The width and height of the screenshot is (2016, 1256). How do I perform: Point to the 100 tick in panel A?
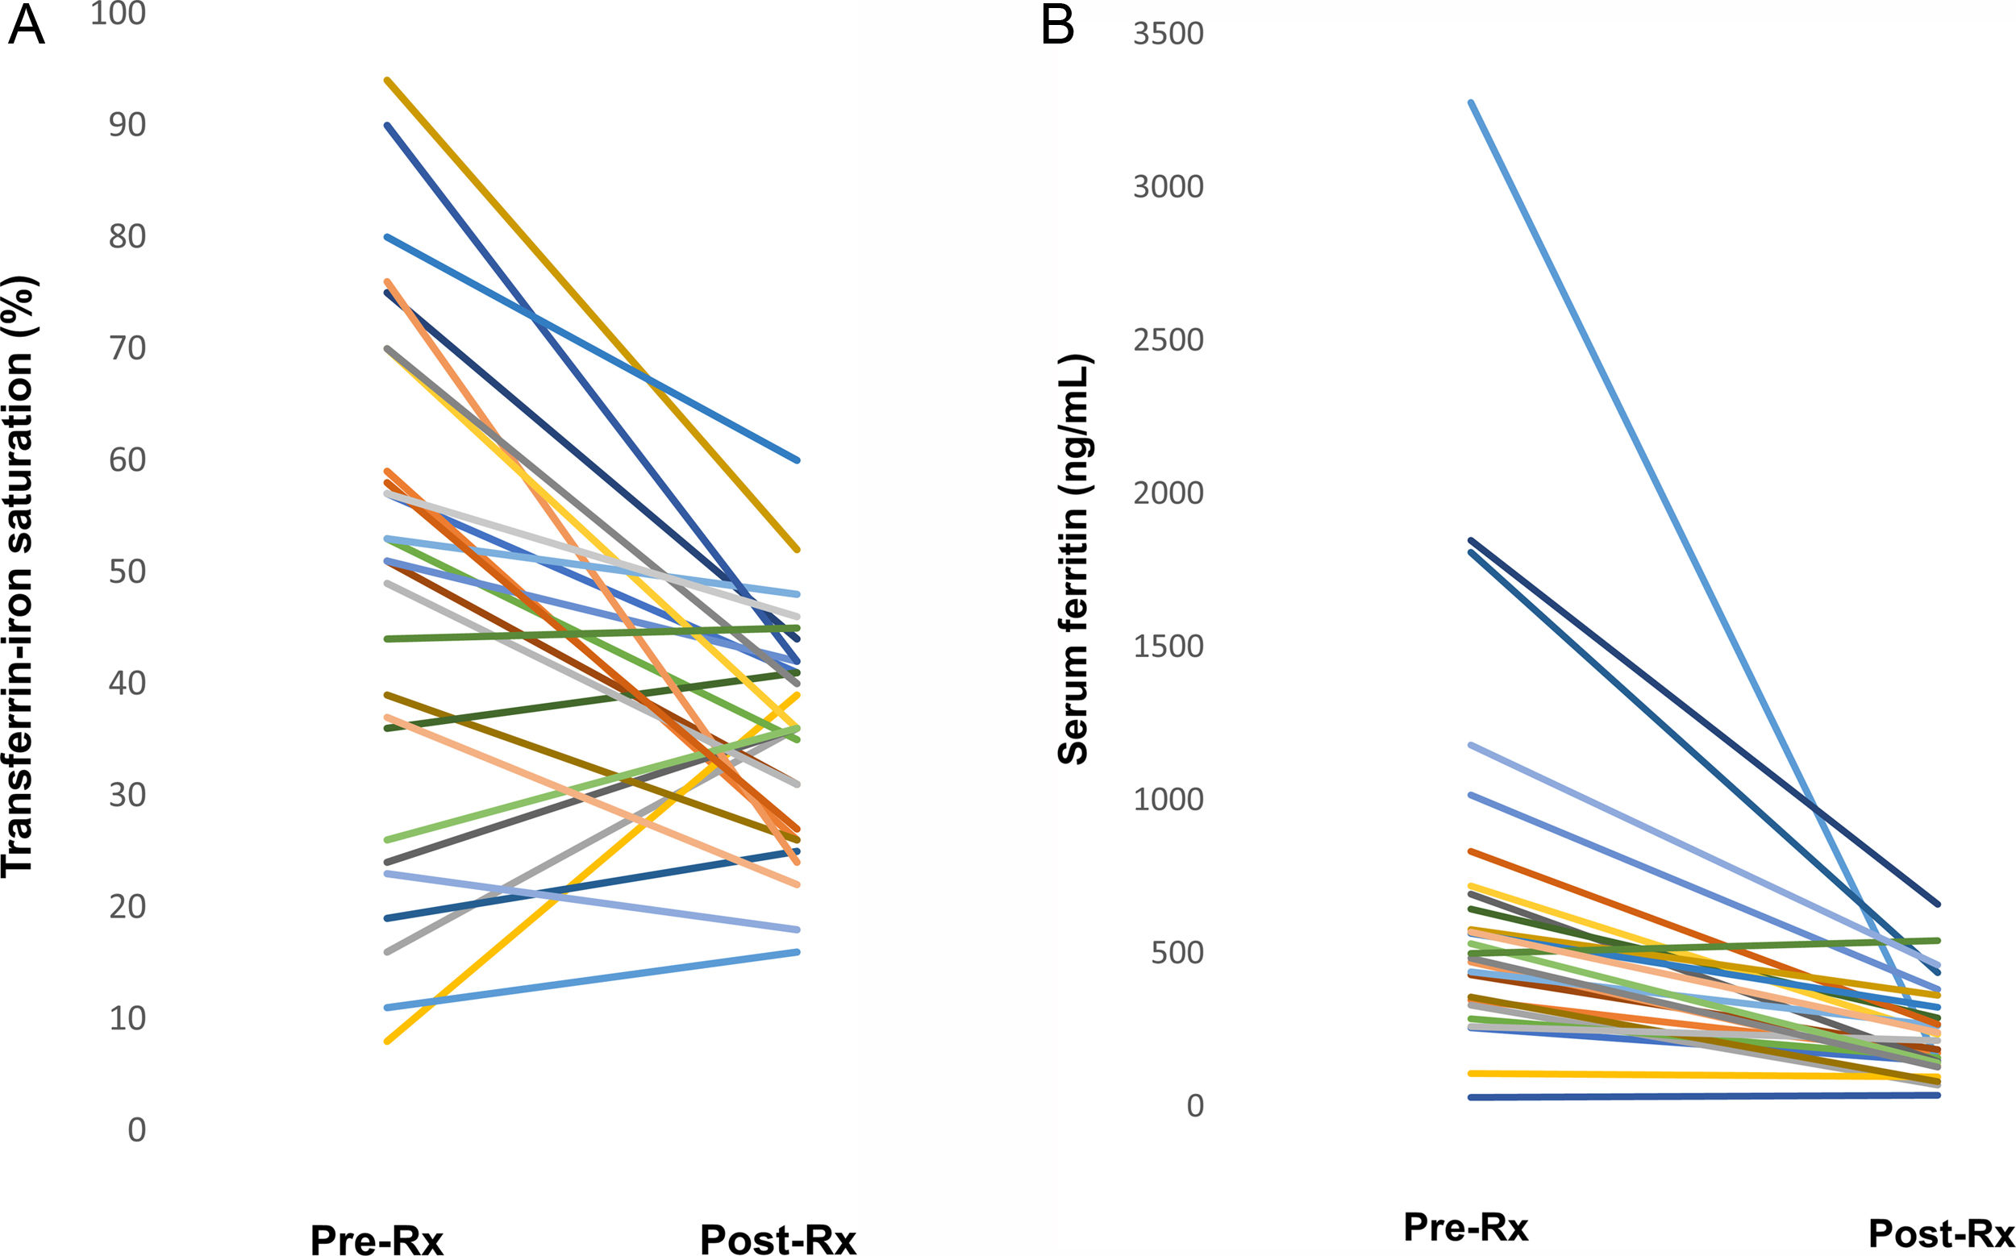point(118,13)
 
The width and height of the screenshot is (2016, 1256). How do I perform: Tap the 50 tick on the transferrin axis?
point(127,572)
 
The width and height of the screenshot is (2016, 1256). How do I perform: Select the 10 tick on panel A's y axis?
point(127,1018)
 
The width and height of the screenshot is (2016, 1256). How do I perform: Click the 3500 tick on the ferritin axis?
point(1168,34)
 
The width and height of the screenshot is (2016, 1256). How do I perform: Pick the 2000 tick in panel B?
point(1168,493)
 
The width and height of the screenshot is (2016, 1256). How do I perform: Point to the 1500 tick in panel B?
point(1168,647)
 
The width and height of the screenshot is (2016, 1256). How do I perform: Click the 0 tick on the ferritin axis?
point(1194,1105)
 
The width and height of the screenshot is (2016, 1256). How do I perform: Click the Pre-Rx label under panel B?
point(1466,1226)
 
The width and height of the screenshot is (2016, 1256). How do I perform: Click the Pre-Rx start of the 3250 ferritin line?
point(1471,102)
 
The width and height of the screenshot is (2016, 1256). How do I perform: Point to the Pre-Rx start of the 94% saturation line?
point(387,80)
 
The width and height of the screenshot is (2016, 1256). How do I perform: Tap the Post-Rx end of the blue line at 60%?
point(797,460)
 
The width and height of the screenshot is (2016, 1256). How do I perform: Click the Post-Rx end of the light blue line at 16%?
point(797,952)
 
